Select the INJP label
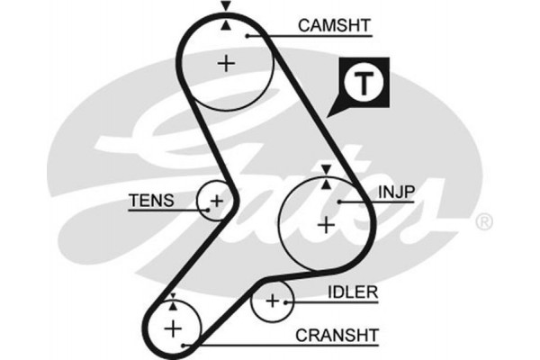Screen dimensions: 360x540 coord(394,193)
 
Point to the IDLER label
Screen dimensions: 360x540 coord(352,294)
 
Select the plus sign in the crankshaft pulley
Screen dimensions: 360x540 coord(171,328)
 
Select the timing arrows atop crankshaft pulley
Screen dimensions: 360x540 coord(171,300)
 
